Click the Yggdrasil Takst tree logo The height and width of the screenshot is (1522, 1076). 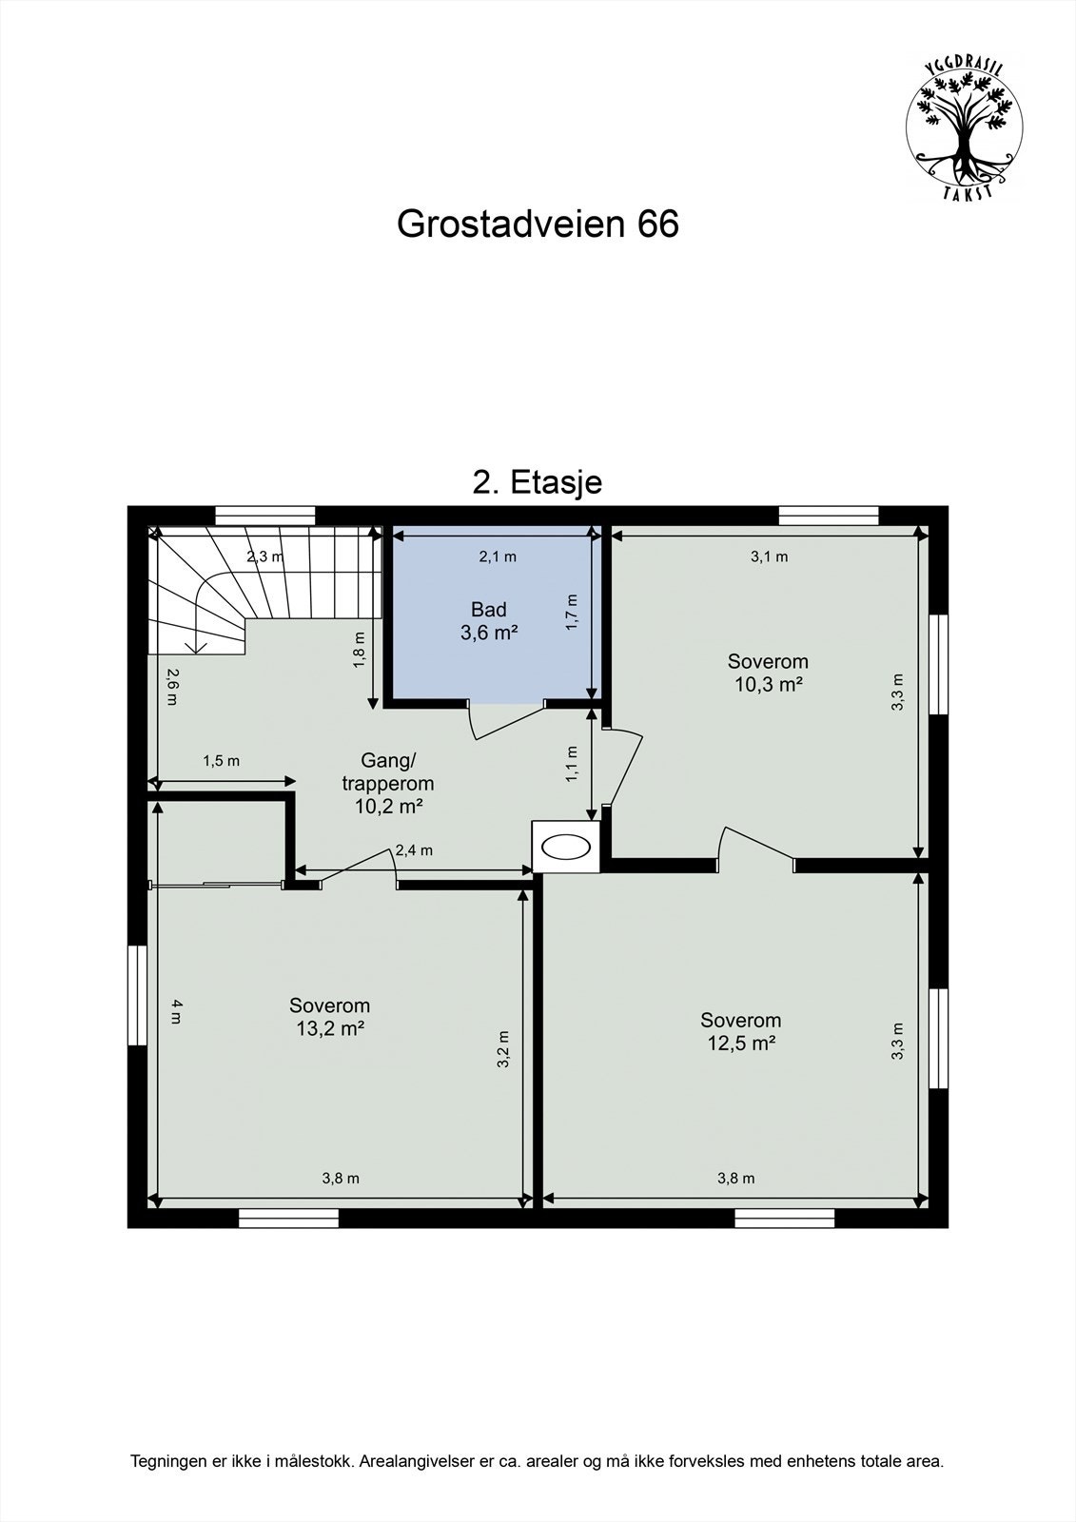point(964,127)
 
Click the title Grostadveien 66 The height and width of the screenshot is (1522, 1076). point(538,224)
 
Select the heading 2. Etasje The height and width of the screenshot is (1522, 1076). point(538,482)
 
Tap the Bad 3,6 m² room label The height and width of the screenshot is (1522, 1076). point(489,620)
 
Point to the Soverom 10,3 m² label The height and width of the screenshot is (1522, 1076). point(768,672)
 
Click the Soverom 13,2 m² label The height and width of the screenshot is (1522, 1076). point(330,1016)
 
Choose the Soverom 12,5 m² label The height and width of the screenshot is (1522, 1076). point(740,1031)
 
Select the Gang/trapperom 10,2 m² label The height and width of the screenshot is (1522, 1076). point(388,783)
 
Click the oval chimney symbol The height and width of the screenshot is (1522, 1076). point(565,846)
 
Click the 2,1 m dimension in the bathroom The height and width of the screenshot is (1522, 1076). point(497,557)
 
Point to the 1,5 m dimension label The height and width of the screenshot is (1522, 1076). point(221,761)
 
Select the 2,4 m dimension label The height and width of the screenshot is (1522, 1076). point(414,850)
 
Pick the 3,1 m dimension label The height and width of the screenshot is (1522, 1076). point(769,557)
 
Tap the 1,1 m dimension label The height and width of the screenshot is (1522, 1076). point(572,763)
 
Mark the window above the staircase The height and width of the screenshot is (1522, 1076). point(264,516)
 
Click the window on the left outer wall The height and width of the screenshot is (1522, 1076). point(138,995)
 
